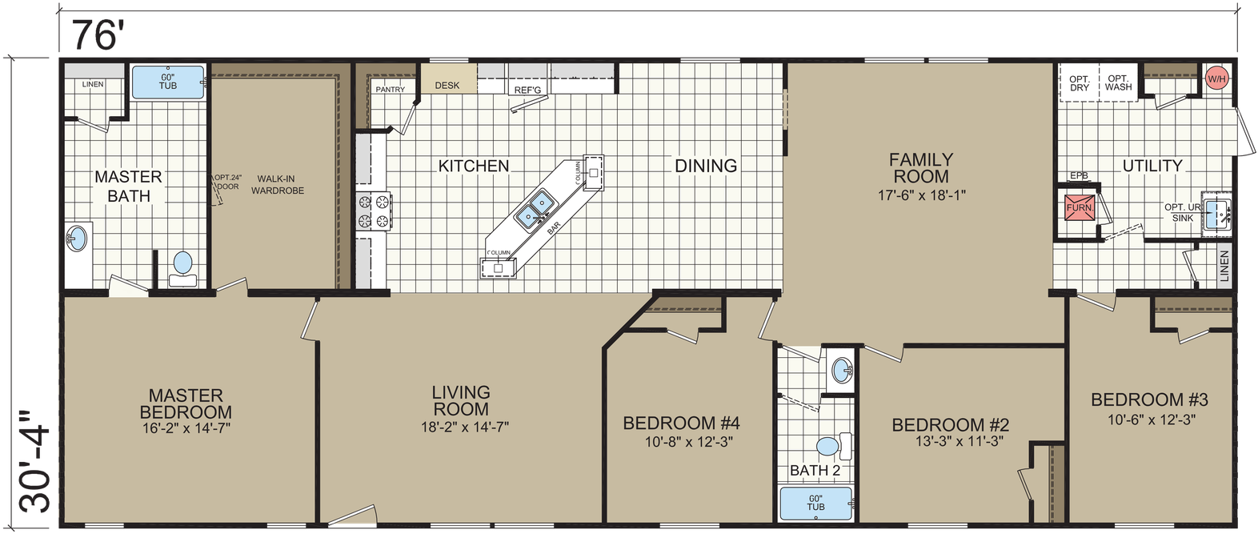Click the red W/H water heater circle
pyautogui.click(x=1216, y=78)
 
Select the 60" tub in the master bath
pyautogui.click(x=168, y=82)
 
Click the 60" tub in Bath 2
pyautogui.click(x=815, y=503)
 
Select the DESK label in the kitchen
pyautogui.click(x=447, y=85)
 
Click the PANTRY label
pyautogui.click(x=391, y=90)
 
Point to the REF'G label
pyautogui.click(x=528, y=90)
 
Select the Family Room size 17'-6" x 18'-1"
pyautogui.click(x=921, y=195)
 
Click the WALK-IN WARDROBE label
pyautogui.click(x=278, y=185)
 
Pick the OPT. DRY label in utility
pyautogui.click(x=1080, y=83)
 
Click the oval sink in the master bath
pyautogui.click(x=77, y=239)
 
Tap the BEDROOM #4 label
pyautogui.click(x=681, y=423)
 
